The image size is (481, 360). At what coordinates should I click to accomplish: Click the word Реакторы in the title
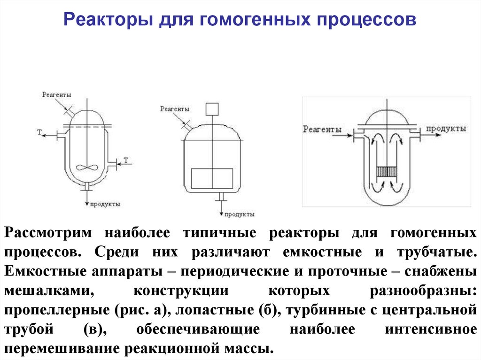tap(109, 20)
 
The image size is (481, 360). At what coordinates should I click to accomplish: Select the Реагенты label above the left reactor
tap(56, 95)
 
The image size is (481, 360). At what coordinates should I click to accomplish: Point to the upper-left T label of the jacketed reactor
tap(39, 132)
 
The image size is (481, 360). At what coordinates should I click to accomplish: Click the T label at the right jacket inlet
tap(126, 160)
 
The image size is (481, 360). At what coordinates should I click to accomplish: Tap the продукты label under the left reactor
tap(105, 204)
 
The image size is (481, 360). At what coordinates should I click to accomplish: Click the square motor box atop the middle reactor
tap(212, 109)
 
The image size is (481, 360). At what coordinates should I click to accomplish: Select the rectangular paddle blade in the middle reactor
tap(212, 178)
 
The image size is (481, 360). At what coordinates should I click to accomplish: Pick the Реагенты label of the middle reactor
tap(175, 109)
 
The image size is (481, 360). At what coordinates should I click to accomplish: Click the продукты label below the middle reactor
tap(239, 214)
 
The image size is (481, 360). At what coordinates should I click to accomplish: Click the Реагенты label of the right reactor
tap(322, 129)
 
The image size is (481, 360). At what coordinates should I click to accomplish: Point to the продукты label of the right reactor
tap(446, 129)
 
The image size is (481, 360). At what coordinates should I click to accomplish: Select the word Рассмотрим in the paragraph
tap(48, 233)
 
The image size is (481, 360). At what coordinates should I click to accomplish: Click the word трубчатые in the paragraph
tap(437, 253)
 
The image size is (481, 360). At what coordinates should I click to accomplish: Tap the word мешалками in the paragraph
tap(49, 291)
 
